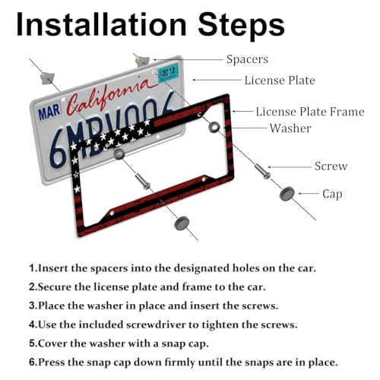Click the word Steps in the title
click(242, 25)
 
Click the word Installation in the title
click(101, 24)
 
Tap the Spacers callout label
click(247, 60)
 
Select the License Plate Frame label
click(310, 112)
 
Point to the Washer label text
click(290, 128)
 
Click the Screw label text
click(331, 166)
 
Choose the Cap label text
click(332, 195)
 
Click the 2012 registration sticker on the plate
click(168, 73)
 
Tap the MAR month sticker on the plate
click(49, 112)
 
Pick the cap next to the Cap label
click(287, 194)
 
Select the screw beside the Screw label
click(262, 172)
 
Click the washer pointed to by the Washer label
click(214, 127)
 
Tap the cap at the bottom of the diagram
click(182, 223)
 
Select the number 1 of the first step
click(31, 268)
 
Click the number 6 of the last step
click(32, 362)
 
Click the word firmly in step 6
click(179, 363)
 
